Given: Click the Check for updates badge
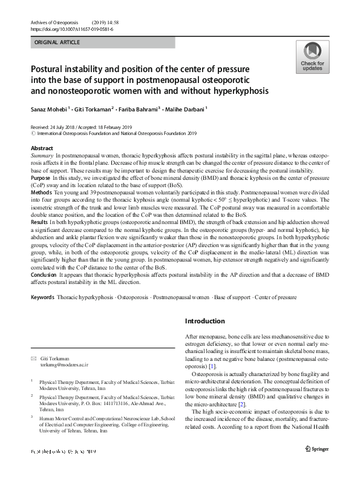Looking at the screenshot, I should click(x=312, y=58).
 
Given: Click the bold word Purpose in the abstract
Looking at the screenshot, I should click(x=40, y=179).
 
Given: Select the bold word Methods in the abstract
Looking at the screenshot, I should click(x=41, y=191).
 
